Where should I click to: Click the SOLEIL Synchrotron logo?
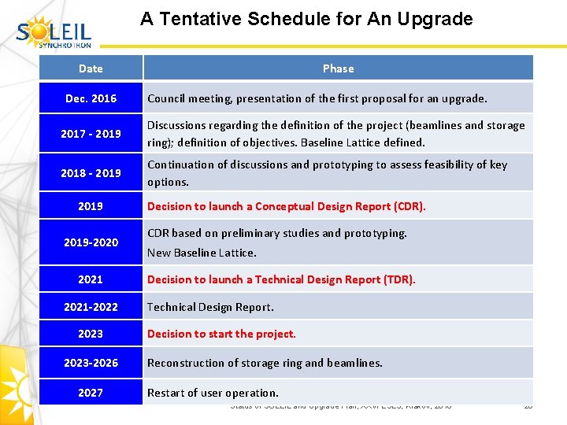tap(54, 31)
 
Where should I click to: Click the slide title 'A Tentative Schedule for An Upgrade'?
tap(306, 19)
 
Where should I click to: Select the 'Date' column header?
tap(91, 68)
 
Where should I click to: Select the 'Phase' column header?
tap(338, 68)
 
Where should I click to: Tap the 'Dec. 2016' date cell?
tap(91, 98)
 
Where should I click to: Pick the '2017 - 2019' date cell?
tap(91, 134)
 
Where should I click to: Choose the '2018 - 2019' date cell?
tap(91, 173)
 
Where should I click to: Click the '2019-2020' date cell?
tap(91, 242)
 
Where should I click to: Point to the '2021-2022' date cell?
tap(91, 307)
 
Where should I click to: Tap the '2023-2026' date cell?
tap(91, 363)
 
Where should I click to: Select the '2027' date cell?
tap(91, 393)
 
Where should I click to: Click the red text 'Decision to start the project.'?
tap(221, 334)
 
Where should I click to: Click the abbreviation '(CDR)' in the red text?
tap(408, 206)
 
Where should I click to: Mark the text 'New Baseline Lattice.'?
tap(202, 253)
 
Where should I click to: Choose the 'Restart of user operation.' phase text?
tap(213, 393)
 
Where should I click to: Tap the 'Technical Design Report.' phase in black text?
tap(210, 307)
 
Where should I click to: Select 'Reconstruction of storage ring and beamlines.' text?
tap(265, 363)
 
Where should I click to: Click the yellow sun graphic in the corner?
tap(17, 386)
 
